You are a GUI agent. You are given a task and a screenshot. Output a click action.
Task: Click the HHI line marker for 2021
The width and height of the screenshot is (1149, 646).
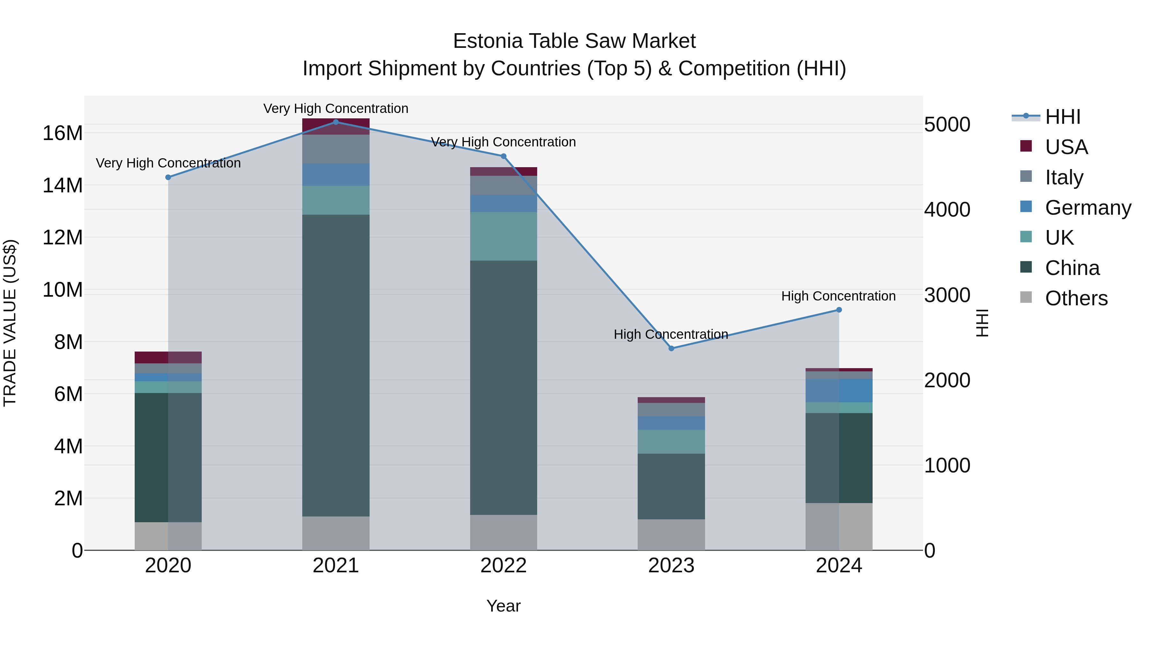click(x=336, y=122)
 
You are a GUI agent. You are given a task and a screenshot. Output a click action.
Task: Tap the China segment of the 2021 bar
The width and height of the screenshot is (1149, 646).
click(x=336, y=366)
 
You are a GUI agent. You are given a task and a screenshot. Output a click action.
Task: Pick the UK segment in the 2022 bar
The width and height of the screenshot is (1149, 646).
click(x=504, y=236)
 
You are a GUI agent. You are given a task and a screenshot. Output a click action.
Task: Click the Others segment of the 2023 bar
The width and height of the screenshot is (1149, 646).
click(x=671, y=535)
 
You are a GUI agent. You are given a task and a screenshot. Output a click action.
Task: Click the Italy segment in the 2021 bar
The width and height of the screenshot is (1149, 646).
click(x=336, y=149)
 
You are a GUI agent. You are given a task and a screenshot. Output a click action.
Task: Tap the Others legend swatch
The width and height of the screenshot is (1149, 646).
click(x=1026, y=297)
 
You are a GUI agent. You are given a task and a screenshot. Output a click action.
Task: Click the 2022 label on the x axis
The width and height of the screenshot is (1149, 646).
click(x=504, y=566)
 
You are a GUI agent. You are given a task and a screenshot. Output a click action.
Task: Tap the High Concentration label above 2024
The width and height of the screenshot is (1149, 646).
click(x=838, y=296)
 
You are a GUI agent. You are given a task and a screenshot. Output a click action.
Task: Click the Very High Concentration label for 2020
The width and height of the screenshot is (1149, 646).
click(x=168, y=163)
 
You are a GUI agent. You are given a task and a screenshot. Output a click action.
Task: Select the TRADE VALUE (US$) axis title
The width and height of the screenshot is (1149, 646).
click(x=10, y=323)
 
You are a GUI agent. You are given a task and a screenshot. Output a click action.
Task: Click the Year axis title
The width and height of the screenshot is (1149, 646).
click(x=504, y=606)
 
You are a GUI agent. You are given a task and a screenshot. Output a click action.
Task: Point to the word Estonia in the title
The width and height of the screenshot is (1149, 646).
click(x=487, y=41)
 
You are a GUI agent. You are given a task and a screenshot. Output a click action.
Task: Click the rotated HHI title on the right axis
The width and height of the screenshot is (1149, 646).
click(x=983, y=323)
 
